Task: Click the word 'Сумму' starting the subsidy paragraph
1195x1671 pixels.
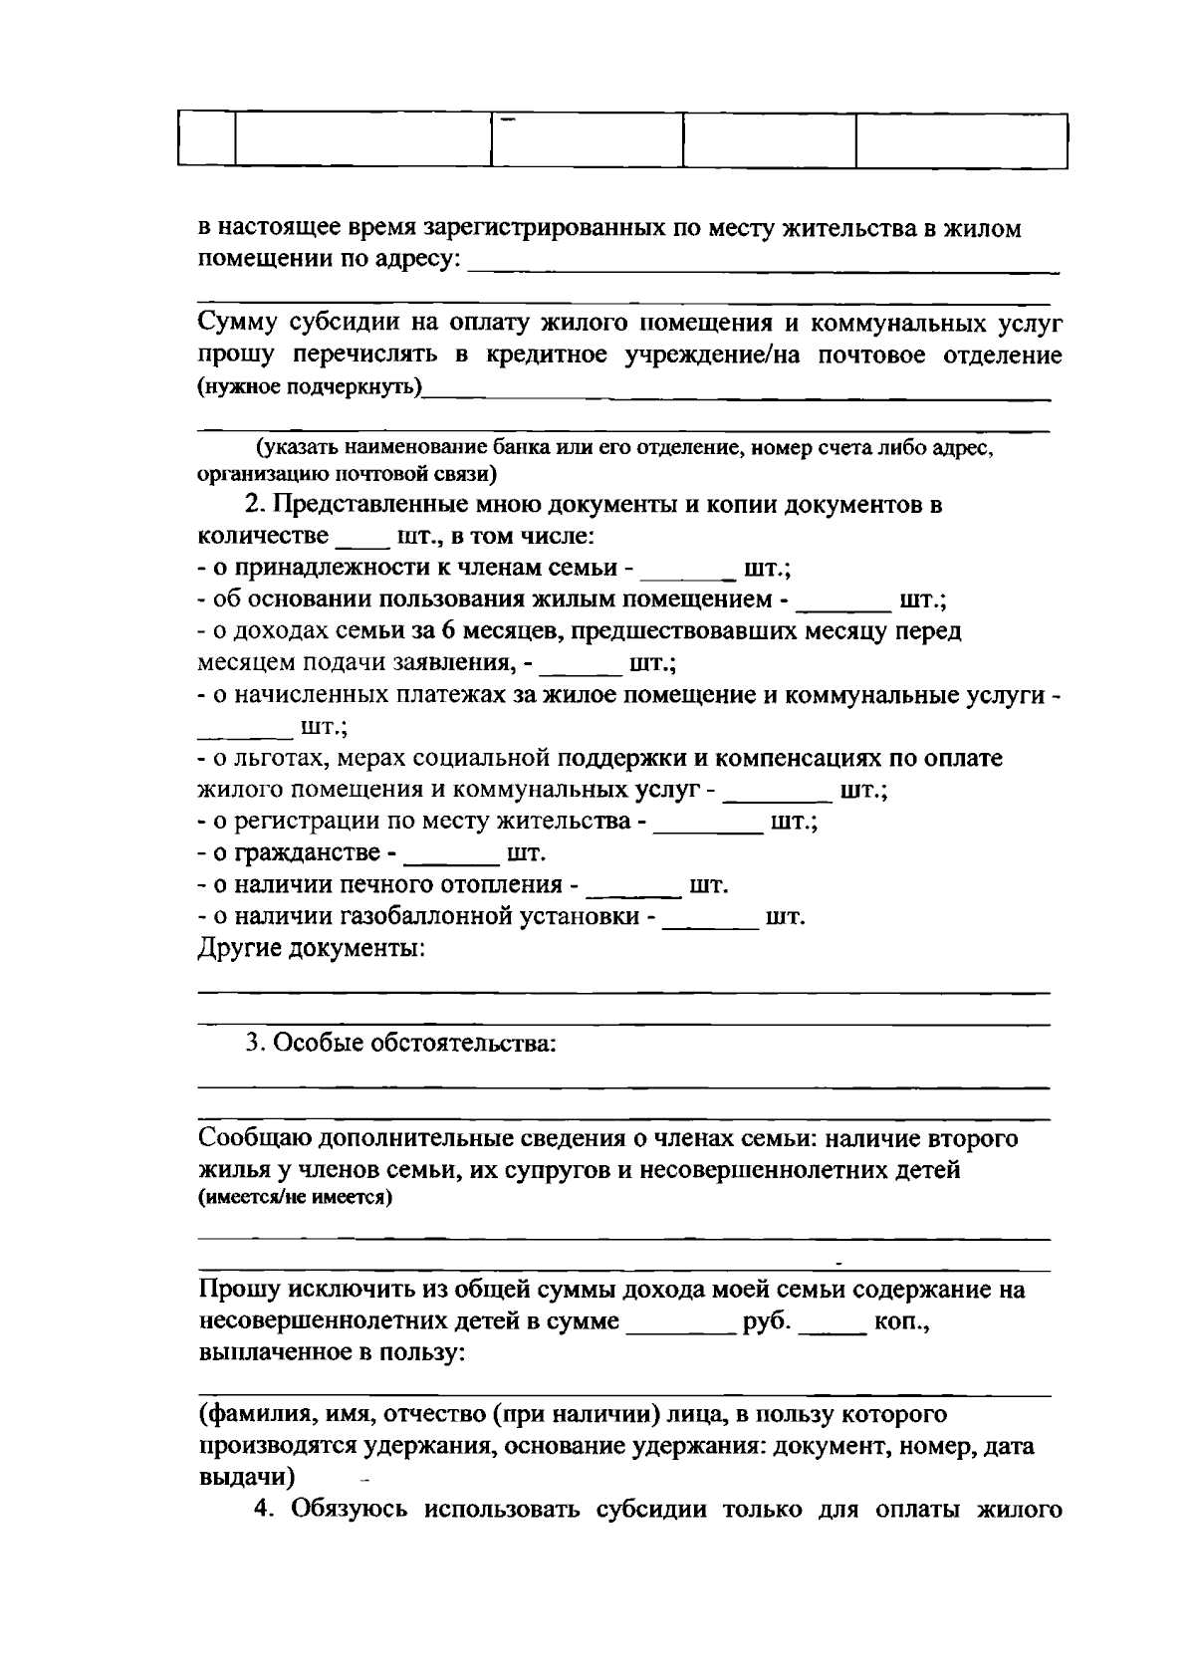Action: [238, 325]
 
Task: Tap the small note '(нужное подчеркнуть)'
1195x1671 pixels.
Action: [309, 386]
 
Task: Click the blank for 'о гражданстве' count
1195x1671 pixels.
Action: [454, 855]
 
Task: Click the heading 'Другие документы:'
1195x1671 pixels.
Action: [312, 949]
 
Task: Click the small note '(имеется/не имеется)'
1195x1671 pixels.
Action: [296, 1198]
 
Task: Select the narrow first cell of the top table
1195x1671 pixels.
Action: [206, 140]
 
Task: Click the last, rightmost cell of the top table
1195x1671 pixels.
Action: [961, 140]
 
